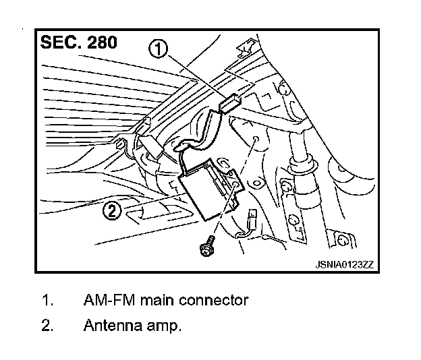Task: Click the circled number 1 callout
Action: [159, 50]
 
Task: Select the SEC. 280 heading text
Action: [80, 42]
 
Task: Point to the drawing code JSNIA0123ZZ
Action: [344, 264]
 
